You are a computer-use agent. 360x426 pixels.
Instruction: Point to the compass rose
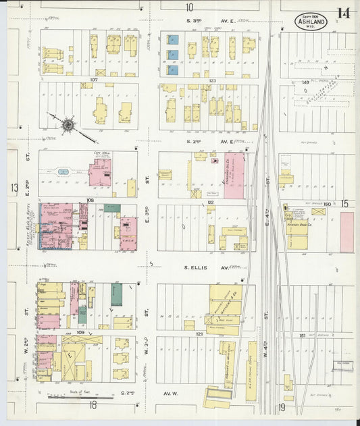pyautogui.click(x=68, y=124)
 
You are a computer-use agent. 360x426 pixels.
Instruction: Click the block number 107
pyautogui.click(x=94, y=80)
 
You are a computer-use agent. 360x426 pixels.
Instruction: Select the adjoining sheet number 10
pyautogui.click(x=189, y=7)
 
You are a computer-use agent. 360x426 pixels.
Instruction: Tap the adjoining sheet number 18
pyautogui.click(x=93, y=405)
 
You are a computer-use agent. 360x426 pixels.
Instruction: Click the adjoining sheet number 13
pyautogui.click(x=13, y=187)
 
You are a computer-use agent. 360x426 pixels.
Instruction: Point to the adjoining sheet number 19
pyautogui.click(x=282, y=406)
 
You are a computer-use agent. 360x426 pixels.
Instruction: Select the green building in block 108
pyautogui.click(x=112, y=208)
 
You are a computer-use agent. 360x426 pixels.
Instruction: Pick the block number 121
pyautogui.click(x=199, y=334)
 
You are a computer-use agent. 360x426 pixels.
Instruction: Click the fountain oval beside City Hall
pyautogui.click(x=63, y=171)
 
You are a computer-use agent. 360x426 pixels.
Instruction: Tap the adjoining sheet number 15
pyautogui.click(x=344, y=203)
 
